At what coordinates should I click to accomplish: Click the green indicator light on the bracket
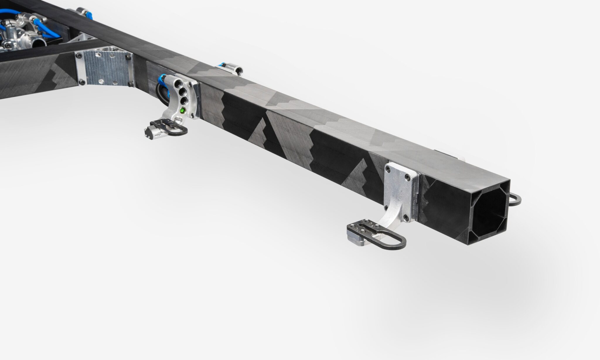click(183, 111)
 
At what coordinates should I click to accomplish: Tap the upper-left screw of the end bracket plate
click(389, 169)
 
